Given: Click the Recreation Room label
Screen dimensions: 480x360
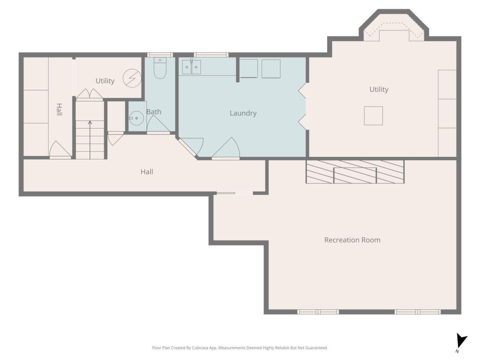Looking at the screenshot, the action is pyautogui.click(x=352, y=240).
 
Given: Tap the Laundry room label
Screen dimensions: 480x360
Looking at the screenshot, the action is pyautogui.click(x=243, y=113).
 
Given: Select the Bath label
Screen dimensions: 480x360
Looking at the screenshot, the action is pyautogui.click(x=154, y=112).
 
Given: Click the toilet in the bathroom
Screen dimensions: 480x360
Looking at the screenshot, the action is pyautogui.click(x=160, y=68).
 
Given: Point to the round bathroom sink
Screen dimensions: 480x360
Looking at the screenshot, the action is pyautogui.click(x=136, y=118).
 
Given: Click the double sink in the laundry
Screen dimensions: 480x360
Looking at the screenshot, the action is pyautogui.click(x=191, y=67).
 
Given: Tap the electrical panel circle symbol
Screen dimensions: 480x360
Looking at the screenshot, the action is pyautogui.click(x=132, y=78).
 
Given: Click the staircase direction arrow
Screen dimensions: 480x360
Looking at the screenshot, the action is pyautogui.click(x=90, y=140).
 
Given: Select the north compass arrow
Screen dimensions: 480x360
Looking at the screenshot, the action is pyautogui.click(x=461, y=340).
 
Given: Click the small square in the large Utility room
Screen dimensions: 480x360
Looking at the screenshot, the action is pyautogui.click(x=373, y=116).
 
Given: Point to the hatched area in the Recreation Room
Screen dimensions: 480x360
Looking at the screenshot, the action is pyautogui.click(x=355, y=172).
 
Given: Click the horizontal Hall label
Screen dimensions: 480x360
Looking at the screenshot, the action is pyautogui.click(x=147, y=172).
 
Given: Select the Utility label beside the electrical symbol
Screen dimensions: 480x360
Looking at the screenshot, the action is pyautogui.click(x=105, y=81).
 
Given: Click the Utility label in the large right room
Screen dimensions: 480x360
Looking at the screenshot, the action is pyautogui.click(x=379, y=89).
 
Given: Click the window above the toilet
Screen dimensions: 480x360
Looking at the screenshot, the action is pyautogui.click(x=160, y=55).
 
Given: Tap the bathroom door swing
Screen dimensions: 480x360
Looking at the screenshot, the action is pyautogui.click(x=158, y=124).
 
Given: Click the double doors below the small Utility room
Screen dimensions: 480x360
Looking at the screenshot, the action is pyautogui.click(x=90, y=94).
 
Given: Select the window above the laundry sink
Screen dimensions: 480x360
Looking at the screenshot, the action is pyautogui.click(x=211, y=55).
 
